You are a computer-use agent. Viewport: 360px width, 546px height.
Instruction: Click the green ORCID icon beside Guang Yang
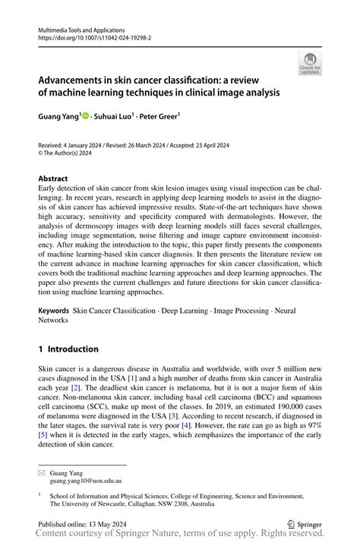(x=85, y=116)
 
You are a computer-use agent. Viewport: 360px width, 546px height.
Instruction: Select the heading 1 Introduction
(x=68, y=349)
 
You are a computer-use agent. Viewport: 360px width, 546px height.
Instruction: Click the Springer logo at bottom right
(x=305, y=523)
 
